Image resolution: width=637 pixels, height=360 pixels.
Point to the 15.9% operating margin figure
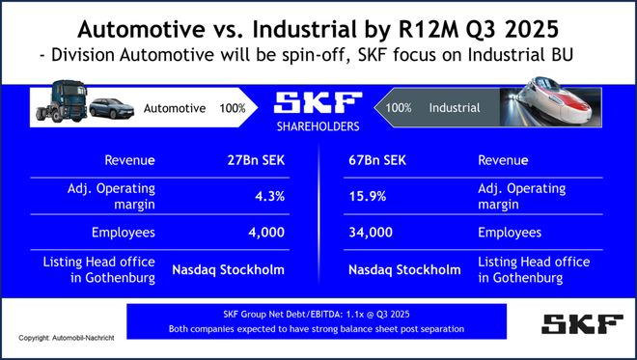363,197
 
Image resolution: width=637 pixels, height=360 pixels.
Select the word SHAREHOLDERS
318,127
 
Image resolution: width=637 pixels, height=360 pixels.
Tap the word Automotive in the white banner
175,109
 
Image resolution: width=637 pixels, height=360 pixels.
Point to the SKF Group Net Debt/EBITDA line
318,315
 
